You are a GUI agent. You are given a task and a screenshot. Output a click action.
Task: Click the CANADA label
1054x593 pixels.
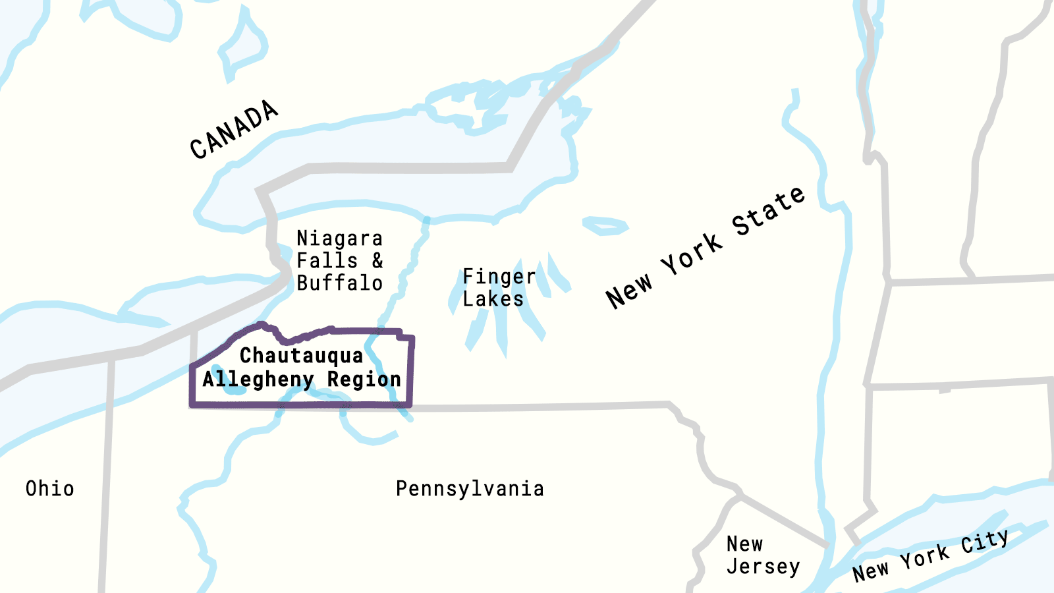pos(234,130)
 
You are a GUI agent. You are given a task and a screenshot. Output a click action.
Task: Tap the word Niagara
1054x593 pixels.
pos(339,238)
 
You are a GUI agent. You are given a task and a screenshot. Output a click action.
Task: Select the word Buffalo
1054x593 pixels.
pos(339,283)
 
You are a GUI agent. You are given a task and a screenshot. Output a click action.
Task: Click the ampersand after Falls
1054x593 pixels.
pos(377,260)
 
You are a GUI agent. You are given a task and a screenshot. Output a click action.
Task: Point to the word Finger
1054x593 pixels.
pos(499,276)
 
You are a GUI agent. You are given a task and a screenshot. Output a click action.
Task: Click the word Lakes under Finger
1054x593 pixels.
pos(493,299)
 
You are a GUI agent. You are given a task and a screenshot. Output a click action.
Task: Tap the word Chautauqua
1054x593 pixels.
pos(301,356)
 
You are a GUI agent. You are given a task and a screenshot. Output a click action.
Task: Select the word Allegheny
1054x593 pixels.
pos(258,380)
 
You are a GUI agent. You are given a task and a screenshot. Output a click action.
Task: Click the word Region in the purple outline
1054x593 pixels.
pos(364,380)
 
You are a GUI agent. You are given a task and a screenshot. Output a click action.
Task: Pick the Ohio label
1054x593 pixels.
pos(50,489)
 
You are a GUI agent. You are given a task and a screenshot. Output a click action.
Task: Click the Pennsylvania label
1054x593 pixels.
pos(470,489)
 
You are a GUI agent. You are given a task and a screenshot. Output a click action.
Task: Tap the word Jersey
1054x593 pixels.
pos(763,567)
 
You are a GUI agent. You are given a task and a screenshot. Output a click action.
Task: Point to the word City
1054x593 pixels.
pos(984,542)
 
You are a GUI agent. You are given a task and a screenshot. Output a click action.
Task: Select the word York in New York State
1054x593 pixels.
pos(691,254)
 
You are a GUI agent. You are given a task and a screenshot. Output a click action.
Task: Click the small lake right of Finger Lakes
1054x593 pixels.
pos(605,226)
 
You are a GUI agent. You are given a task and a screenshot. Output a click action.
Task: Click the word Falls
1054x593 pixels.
pos(327,260)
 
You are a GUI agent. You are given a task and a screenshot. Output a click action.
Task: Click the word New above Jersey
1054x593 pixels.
pos(744,544)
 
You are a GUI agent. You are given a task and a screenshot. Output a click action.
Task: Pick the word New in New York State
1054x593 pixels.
pos(629,290)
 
